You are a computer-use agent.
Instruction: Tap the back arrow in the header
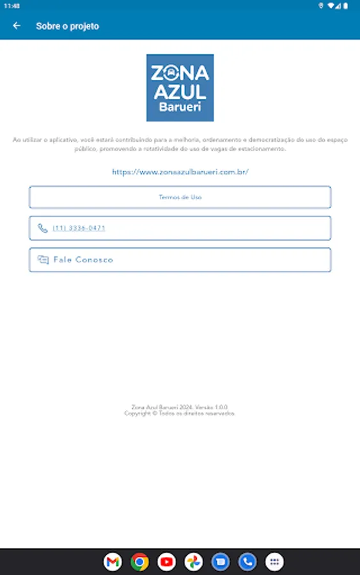pyautogui.click(x=17, y=26)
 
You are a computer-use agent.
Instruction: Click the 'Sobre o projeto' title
pyautogui.click(x=67, y=26)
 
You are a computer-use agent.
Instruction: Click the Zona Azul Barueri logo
pyautogui.click(x=180, y=88)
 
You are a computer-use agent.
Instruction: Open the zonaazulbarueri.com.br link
pyautogui.click(x=180, y=172)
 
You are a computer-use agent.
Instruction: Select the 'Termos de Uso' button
pyautogui.click(x=180, y=197)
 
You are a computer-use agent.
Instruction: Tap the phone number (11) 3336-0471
pyautogui.click(x=79, y=228)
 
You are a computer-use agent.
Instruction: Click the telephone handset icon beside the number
pyautogui.click(x=43, y=228)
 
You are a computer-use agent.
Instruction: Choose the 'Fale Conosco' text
pyautogui.click(x=83, y=260)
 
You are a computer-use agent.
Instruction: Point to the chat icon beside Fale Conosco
pyautogui.click(x=43, y=260)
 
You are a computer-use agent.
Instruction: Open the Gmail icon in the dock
pyautogui.click(x=113, y=562)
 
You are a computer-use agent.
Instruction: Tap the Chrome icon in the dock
pyautogui.click(x=139, y=562)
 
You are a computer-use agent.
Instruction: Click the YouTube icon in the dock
pyautogui.click(x=166, y=562)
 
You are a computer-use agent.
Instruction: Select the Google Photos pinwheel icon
pyautogui.click(x=193, y=562)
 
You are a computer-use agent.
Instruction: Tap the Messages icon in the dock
pyautogui.click(x=221, y=562)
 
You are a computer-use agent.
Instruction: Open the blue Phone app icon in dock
pyautogui.click(x=247, y=562)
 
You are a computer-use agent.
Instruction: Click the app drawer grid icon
pyautogui.click(x=274, y=562)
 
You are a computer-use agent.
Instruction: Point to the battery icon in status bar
pyautogui.click(x=346, y=5)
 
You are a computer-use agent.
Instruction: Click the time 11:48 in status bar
pyautogui.click(x=12, y=5)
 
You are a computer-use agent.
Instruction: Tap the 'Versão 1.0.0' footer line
pyautogui.click(x=180, y=407)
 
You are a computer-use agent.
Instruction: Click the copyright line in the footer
pyautogui.click(x=180, y=413)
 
